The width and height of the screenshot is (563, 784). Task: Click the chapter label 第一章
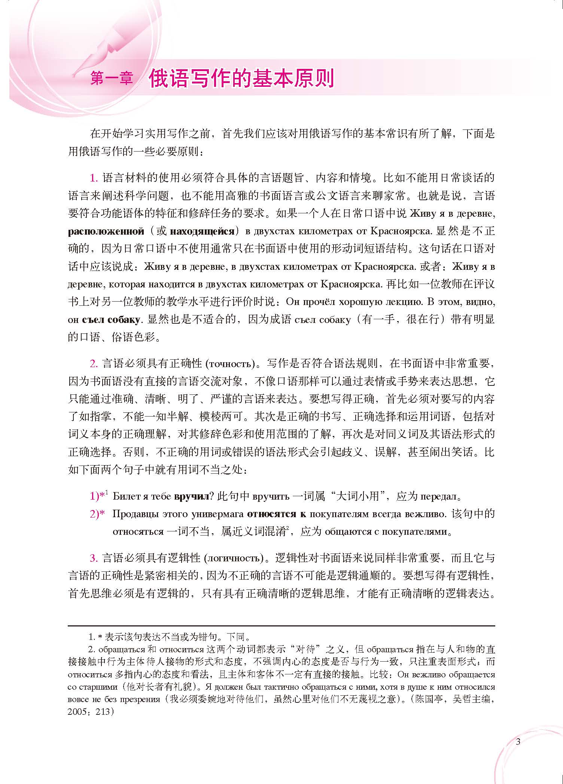[112, 79]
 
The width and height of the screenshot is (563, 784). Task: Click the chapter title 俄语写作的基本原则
[241, 78]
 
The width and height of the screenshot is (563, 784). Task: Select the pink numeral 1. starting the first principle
[94, 178]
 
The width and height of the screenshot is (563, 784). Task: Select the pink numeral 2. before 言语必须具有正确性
[94, 363]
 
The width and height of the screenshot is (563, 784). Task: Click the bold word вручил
[191, 497]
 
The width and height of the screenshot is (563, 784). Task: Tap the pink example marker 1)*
[98, 497]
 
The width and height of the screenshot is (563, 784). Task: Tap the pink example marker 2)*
[97, 514]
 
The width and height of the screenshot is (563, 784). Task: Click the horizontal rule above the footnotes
[281, 626]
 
